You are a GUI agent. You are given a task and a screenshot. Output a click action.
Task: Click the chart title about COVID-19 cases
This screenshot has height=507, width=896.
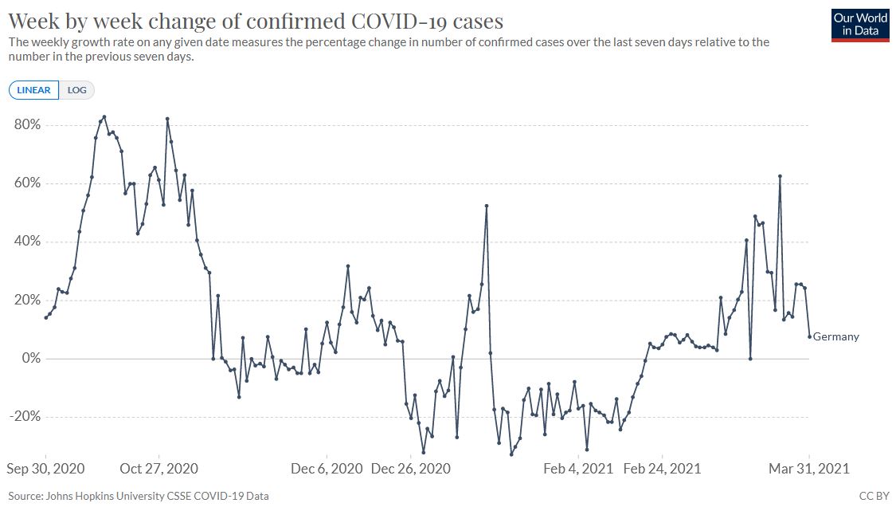256,20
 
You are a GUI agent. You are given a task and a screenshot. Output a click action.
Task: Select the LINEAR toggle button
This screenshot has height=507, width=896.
33,90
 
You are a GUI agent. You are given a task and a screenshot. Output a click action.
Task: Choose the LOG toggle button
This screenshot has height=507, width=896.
77,90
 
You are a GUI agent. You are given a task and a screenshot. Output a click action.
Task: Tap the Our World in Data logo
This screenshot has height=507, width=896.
860,25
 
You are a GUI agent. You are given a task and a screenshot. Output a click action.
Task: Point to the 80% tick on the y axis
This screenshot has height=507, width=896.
27,125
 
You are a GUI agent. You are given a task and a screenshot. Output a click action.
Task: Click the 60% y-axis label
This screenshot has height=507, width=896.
27,183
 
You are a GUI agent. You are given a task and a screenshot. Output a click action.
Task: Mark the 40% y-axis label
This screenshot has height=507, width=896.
27,242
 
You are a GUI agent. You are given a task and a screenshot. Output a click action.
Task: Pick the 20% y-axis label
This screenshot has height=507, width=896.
27,301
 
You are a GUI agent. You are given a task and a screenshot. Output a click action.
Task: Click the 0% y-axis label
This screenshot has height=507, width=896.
30,359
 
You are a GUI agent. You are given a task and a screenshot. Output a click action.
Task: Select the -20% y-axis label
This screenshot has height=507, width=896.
25,417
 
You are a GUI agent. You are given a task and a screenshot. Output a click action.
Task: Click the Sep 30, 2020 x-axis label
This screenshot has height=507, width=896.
46,469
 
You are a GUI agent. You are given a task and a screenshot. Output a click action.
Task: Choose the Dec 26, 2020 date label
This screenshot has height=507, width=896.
410,469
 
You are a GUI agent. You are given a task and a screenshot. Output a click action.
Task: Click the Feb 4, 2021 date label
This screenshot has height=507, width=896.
578,469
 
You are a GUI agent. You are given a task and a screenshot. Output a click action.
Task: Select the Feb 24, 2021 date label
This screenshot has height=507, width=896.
663,469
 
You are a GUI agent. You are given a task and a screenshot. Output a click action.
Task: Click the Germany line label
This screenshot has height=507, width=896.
835,336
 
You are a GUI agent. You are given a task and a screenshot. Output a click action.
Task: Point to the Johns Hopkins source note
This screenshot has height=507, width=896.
139,496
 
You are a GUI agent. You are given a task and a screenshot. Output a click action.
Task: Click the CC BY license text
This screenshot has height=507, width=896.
874,496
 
